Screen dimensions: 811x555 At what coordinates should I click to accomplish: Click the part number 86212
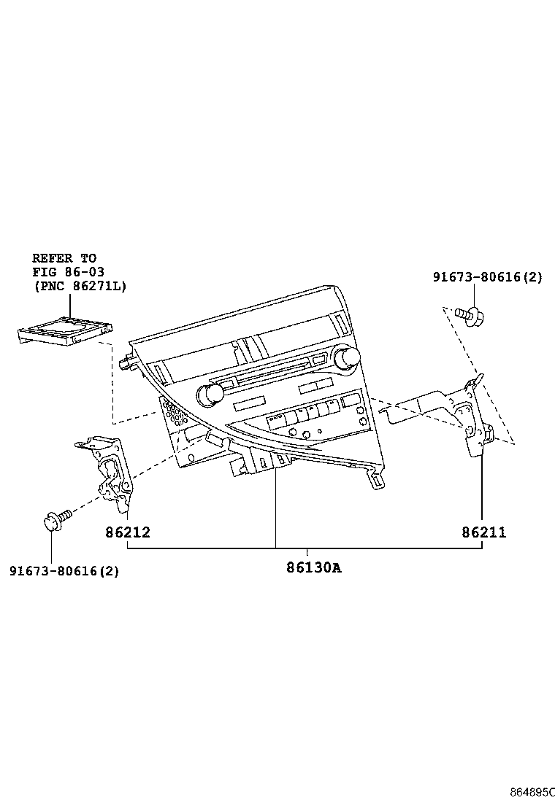pos(127,532)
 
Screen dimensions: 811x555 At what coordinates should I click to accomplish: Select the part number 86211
pos(483,532)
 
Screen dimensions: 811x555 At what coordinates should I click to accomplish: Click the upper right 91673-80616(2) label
pos(487,277)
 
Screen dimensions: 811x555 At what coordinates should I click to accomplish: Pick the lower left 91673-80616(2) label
pos(64,571)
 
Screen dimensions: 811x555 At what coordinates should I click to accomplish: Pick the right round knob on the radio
pos(347,357)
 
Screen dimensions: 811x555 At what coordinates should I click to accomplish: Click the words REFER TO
pos(64,258)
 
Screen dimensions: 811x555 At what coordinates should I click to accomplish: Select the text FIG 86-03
pos(68,272)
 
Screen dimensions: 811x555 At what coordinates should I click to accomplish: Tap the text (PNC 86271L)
pos(79,286)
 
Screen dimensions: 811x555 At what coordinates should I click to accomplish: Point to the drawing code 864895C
pos(532,791)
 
